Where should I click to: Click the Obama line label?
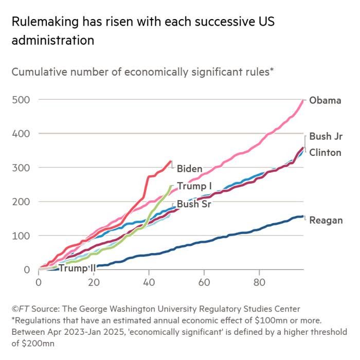325,100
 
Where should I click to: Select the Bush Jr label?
325,137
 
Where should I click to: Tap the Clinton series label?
325,153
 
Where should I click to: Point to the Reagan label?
326,221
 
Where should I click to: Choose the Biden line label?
189,169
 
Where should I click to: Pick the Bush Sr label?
194,204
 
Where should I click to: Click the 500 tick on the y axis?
21,100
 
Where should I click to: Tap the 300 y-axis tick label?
21,168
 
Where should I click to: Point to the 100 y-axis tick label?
21,236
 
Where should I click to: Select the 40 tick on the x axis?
149,283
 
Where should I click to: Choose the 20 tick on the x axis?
94,283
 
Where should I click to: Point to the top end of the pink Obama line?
303,100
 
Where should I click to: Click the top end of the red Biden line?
171,161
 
